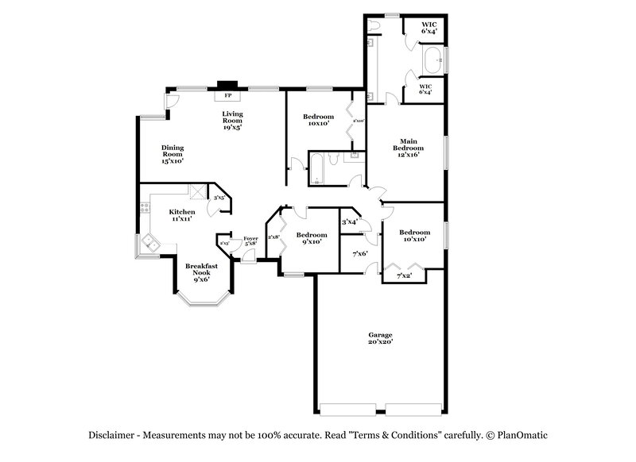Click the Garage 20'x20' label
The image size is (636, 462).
380,338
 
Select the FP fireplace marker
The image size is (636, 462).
228,96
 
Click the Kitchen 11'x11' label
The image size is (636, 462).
182,215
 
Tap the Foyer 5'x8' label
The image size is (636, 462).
250,241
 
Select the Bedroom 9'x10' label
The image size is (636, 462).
312,238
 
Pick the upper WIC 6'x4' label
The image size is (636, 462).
430,28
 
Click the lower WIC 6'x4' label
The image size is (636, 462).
425,89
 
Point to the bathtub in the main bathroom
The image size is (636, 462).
433,59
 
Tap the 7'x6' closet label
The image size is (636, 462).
359,254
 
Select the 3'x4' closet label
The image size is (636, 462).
349,222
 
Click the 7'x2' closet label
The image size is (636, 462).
405,275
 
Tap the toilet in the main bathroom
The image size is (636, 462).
374,26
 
